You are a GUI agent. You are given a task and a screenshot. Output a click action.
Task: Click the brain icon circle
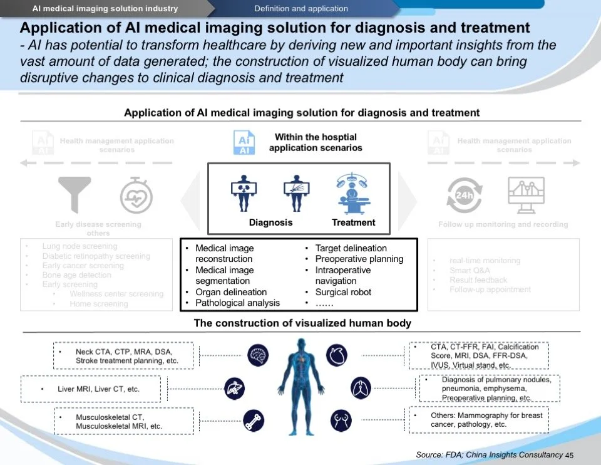(x=259, y=355)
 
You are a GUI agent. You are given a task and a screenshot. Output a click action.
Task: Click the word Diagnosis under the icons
(x=270, y=222)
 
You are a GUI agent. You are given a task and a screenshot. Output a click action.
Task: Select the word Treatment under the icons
(x=353, y=222)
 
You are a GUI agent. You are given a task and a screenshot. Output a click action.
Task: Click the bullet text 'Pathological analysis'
(x=237, y=303)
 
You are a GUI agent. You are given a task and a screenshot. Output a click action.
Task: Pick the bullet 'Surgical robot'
(x=343, y=292)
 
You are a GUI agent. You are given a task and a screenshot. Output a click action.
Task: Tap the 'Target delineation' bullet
(x=351, y=248)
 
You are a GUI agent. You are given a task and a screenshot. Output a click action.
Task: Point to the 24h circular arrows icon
(x=464, y=195)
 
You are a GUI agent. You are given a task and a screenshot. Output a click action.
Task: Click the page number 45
(x=569, y=455)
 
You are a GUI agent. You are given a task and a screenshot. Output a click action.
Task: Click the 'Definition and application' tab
(x=301, y=9)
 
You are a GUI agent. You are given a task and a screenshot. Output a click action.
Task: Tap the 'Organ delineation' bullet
(x=231, y=292)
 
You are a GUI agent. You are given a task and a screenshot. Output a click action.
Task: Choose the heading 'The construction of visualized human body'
(x=302, y=323)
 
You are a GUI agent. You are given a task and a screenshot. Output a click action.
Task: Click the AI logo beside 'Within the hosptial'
(x=244, y=143)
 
